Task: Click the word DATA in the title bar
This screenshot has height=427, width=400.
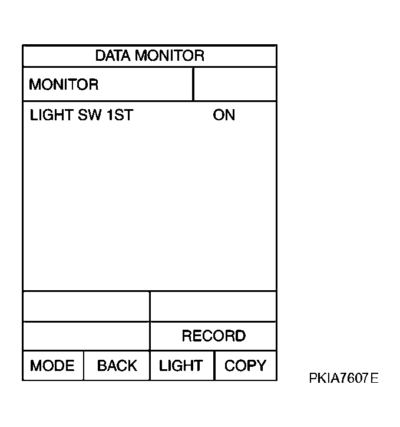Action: pyautogui.click(x=113, y=55)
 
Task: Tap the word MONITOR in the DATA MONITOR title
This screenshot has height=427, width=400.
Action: pyautogui.click(x=170, y=55)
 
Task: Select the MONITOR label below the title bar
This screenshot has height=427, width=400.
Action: pyautogui.click(x=64, y=84)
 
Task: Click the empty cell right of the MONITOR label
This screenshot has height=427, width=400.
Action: pyautogui.click(x=235, y=84)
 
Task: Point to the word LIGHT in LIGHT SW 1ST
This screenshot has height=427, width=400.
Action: pyautogui.click(x=51, y=115)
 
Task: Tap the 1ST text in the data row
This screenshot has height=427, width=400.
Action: pyautogui.click(x=120, y=115)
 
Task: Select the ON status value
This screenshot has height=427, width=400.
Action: pyautogui.click(x=224, y=115)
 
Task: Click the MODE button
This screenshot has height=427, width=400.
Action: pyautogui.click(x=53, y=366)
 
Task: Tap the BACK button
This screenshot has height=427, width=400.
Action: pyautogui.click(x=117, y=366)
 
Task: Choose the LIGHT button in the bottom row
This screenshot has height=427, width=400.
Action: pyautogui.click(x=182, y=366)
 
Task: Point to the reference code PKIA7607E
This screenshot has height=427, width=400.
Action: pyautogui.click(x=343, y=378)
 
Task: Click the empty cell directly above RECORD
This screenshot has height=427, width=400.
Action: pyautogui.click(x=213, y=306)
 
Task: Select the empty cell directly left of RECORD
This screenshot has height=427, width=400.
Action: pyautogui.click(x=87, y=336)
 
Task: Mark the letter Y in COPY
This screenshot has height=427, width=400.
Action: pyautogui.click(x=261, y=366)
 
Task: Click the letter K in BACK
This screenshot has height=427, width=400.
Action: pyautogui.click(x=131, y=366)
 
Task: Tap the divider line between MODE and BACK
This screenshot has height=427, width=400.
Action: pyautogui.click(x=84, y=366)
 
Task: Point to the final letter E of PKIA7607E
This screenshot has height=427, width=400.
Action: pyautogui.click(x=375, y=378)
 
